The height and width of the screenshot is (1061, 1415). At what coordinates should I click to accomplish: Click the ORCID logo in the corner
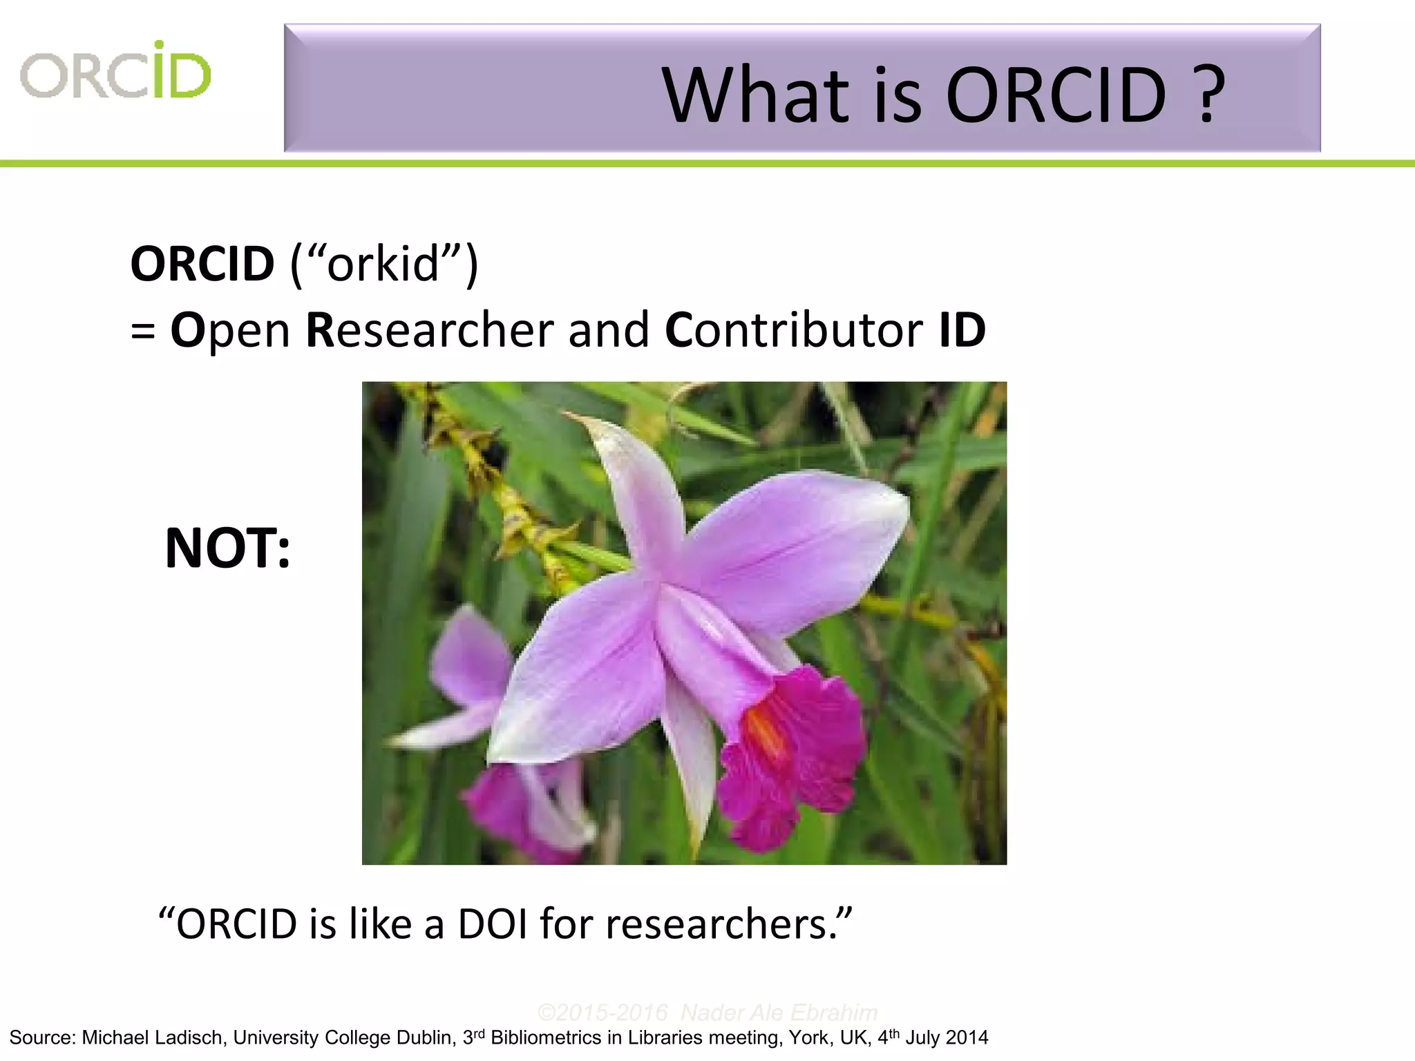pos(115,70)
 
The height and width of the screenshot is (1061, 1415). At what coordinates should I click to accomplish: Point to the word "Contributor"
pos(793,330)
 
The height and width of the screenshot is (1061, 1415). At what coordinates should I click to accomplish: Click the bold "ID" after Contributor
pos(962,330)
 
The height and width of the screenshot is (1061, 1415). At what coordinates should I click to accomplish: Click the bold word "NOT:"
pos(227,548)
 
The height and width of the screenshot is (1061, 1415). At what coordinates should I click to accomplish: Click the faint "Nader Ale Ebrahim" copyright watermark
pos(779,1013)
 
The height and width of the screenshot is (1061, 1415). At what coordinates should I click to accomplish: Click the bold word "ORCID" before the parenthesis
pos(202,264)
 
